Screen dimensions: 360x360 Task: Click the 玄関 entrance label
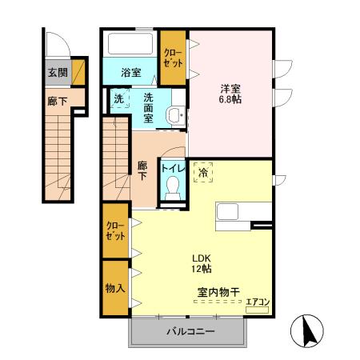pyautogui.click(x=57, y=73)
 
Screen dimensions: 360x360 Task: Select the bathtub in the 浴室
pyautogui.click(x=130, y=43)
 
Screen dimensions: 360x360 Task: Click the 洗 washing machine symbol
pyautogui.click(x=118, y=100)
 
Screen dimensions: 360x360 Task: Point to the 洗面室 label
pyautogui.click(x=149, y=106)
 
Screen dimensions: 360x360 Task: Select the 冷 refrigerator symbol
pyautogui.click(x=203, y=171)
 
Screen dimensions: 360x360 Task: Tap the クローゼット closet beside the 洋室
pyautogui.click(x=172, y=57)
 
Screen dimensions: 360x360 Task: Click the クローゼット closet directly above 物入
pyautogui.click(x=114, y=232)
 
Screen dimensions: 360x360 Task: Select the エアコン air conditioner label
pyautogui.click(x=257, y=302)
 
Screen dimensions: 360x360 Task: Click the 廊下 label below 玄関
pyautogui.click(x=57, y=101)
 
